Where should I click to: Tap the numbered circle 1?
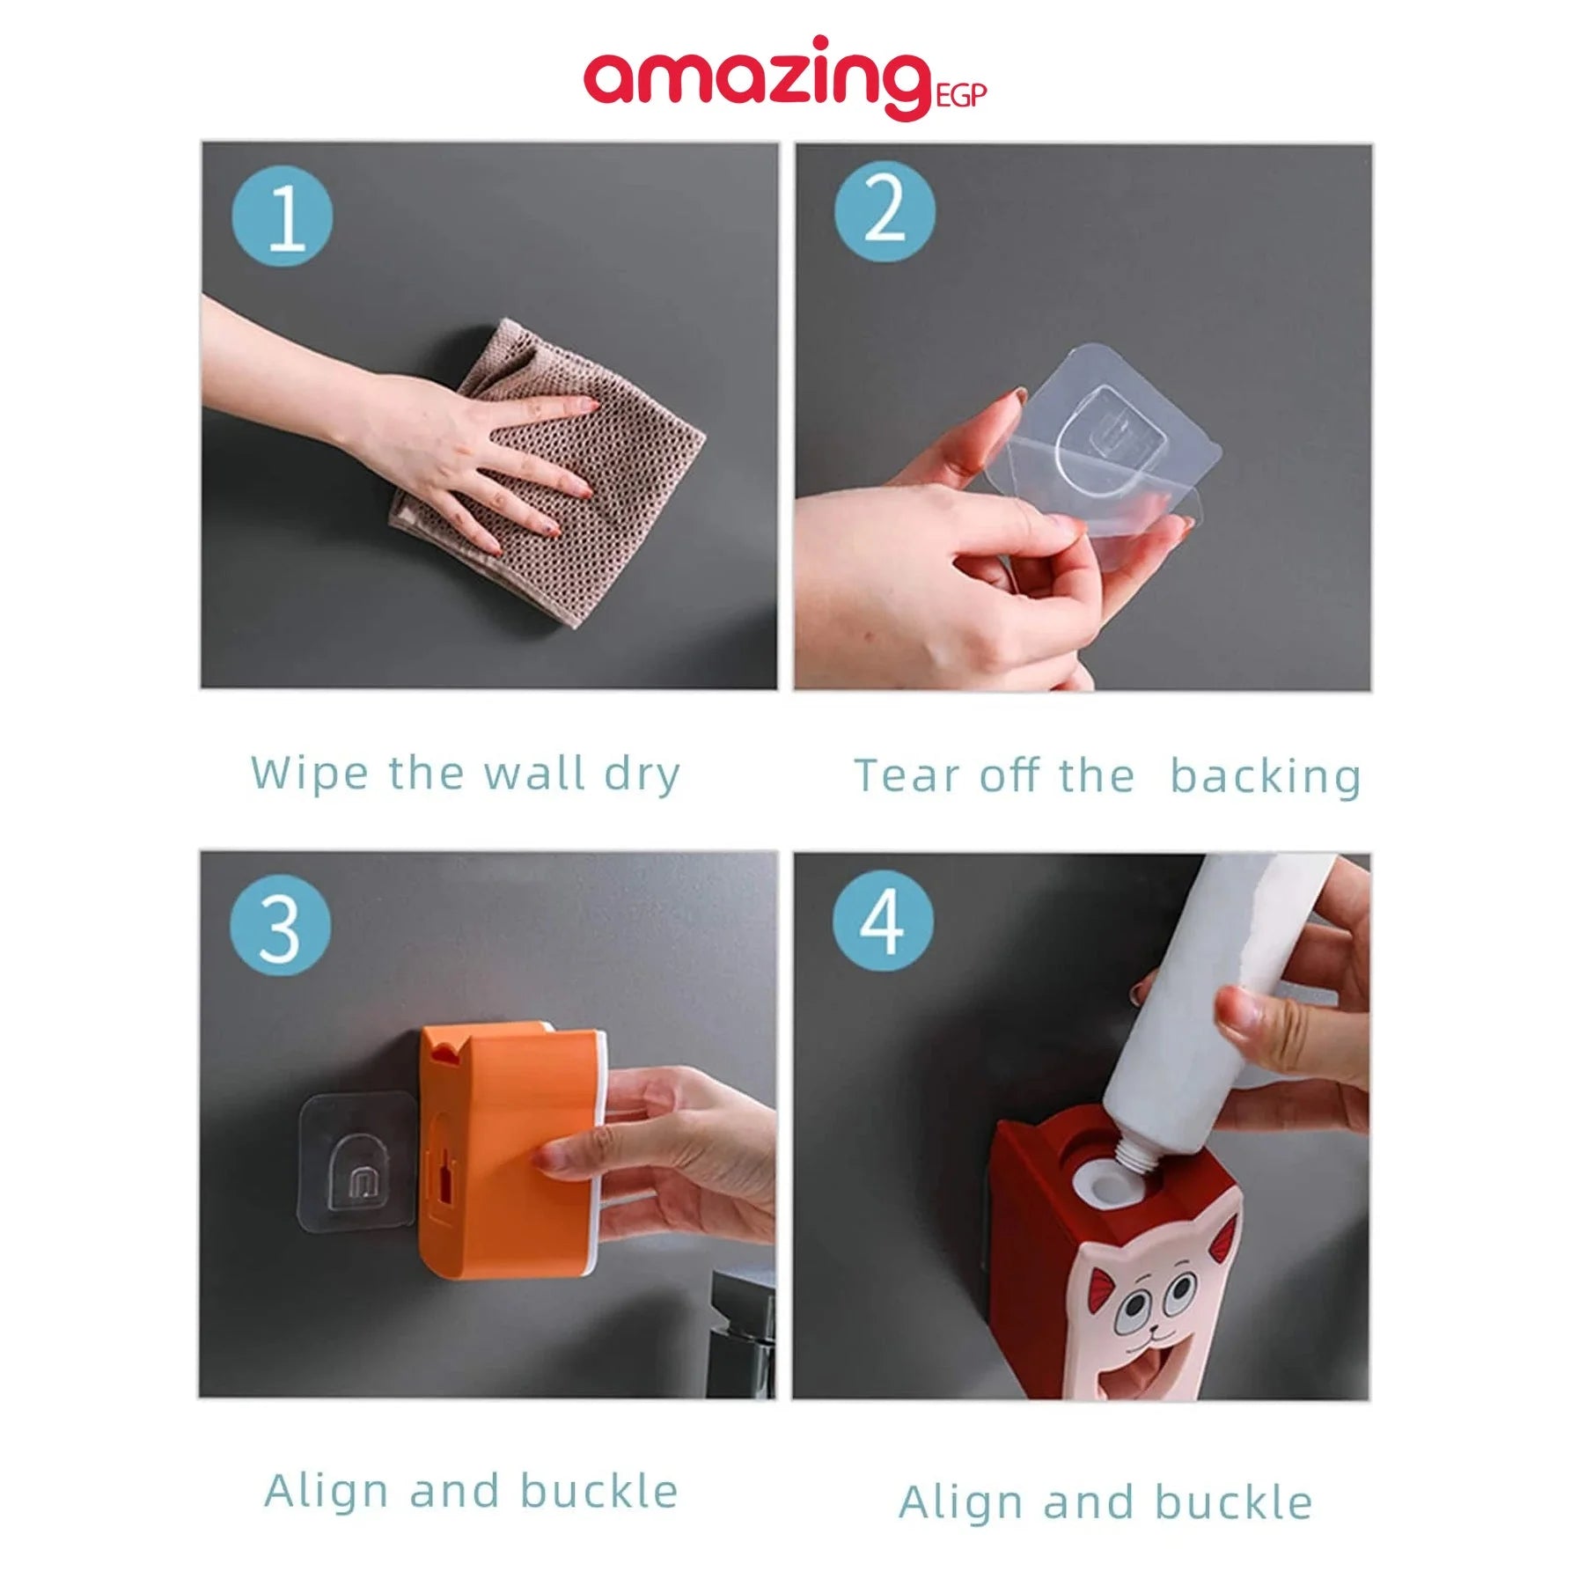283,217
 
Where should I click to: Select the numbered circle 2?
885,211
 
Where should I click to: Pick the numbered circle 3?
281,926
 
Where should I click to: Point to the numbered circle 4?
883,921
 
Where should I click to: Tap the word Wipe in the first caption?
309,774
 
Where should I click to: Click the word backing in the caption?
1265,776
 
